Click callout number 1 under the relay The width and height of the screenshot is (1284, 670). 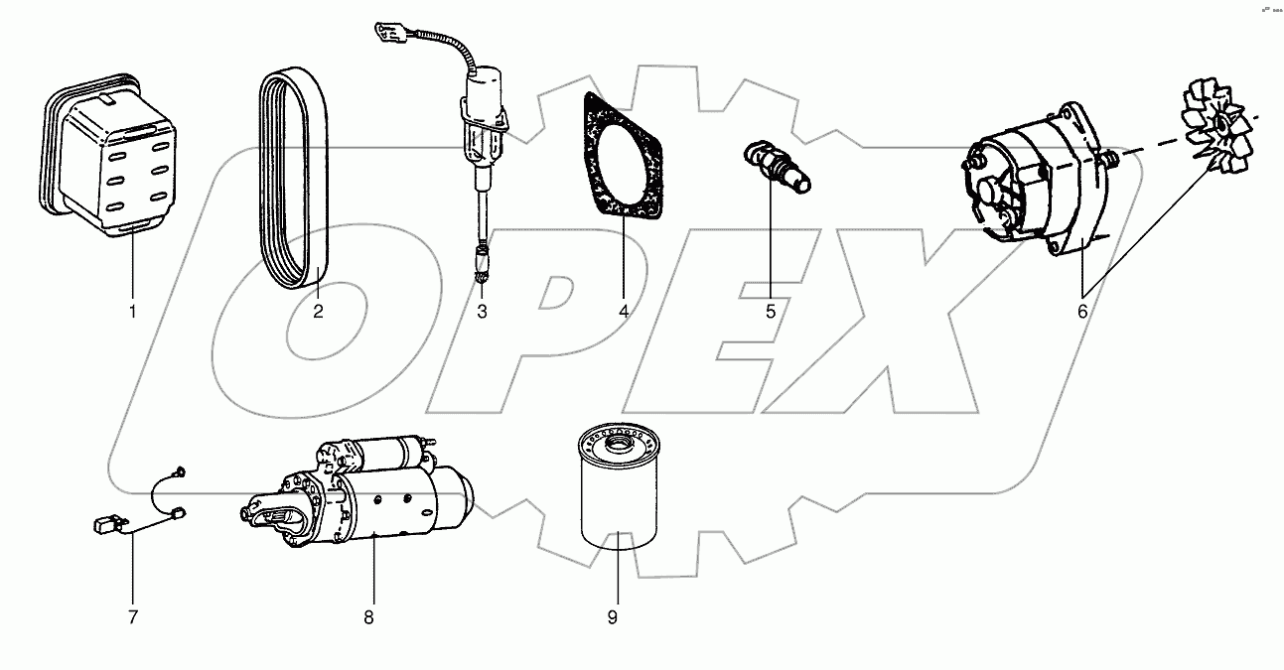tap(131, 312)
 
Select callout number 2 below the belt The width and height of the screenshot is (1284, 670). tap(318, 312)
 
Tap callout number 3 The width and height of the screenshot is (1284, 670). tap(482, 312)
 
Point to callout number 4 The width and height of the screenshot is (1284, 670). tap(624, 312)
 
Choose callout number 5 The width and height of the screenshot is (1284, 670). tap(771, 312)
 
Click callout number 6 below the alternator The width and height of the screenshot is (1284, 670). tap(1082, 312)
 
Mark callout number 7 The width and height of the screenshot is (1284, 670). tap(131, 617)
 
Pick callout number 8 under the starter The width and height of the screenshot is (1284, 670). tap(368, 617)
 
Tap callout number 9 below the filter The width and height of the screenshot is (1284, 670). tap(613, 617)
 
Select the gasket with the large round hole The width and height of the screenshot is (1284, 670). tap(622, 159)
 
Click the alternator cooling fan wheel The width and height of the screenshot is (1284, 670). tap(1216, 129)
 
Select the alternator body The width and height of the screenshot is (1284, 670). tap(1033, 179)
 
